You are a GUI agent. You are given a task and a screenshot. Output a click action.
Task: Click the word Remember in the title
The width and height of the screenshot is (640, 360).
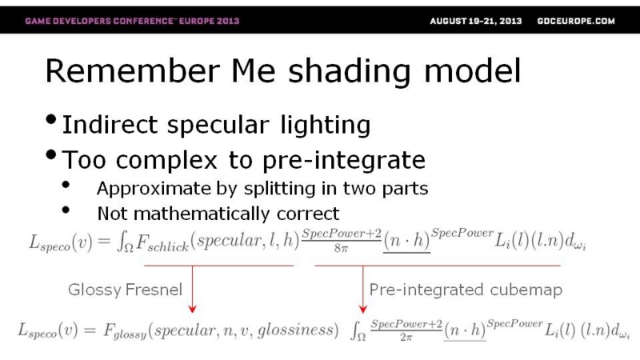click(x=133, y=70)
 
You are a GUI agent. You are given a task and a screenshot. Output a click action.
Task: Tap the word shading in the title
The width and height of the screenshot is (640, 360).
click(x=350, y=72)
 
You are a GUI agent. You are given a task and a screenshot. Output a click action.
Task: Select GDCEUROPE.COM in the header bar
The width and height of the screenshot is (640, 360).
click(x=576, y=21)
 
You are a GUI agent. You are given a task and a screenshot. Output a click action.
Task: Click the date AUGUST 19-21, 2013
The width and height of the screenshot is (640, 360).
click(x=475, y=21)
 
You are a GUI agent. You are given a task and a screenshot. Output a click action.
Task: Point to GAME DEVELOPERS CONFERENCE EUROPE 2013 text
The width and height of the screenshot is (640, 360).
click(x=132, y=21)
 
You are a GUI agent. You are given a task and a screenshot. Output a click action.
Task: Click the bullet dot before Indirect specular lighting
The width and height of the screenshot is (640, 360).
click(x=51, y=120)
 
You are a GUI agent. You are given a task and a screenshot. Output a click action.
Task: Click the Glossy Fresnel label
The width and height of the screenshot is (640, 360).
click(x=125, y=290)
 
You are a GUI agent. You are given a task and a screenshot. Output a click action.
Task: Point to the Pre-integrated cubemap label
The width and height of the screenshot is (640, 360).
click(x=466, y=290)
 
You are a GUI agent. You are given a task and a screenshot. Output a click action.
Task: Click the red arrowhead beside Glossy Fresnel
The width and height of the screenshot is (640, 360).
click(x=192, y=309)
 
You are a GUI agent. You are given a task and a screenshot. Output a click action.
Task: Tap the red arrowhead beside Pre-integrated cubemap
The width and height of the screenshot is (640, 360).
click(x=363, y=309)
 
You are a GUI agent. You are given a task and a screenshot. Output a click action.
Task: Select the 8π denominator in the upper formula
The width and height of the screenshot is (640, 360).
click(x=341, y=248)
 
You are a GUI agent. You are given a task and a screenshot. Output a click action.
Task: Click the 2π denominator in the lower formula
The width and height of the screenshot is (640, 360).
click(x=406, y=338)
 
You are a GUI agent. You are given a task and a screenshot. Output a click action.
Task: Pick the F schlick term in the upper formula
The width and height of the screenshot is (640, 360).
click(x=162, y=243)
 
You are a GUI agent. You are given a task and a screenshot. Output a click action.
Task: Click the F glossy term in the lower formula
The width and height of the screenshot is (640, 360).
click(x=125, y=330)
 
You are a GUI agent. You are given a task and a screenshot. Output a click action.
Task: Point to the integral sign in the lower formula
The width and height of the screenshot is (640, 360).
click(x=356, y=331)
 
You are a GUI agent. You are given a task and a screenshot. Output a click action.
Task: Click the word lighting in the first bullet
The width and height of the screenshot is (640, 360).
click(x=326, y=125)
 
